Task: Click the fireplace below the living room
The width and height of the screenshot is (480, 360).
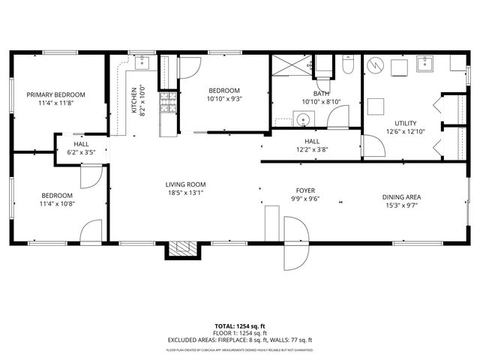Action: coord(179,249)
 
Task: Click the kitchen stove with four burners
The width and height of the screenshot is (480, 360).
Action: coord(169,101)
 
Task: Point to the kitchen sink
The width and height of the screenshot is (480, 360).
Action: coord(143,63)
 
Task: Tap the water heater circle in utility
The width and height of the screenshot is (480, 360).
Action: coord(375,65)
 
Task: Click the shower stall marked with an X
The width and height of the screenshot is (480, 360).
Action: coord(290,65)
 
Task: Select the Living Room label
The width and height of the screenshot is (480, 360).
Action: coord(185,184)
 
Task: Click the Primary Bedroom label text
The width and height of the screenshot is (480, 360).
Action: coord(56,94)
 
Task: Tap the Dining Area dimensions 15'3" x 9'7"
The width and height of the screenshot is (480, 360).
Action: coord(403,205)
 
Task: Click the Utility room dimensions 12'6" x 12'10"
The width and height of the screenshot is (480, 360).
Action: coord(405,132)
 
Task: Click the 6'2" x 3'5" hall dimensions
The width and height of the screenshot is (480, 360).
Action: coord(82,151)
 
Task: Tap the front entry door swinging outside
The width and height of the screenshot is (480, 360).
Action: coord(294,244)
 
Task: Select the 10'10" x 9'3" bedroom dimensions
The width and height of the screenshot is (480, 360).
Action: coord(224,98)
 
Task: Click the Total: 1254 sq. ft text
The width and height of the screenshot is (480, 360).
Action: coord(240,326)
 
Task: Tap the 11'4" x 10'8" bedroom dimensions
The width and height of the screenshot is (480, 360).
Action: coord(56,203)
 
